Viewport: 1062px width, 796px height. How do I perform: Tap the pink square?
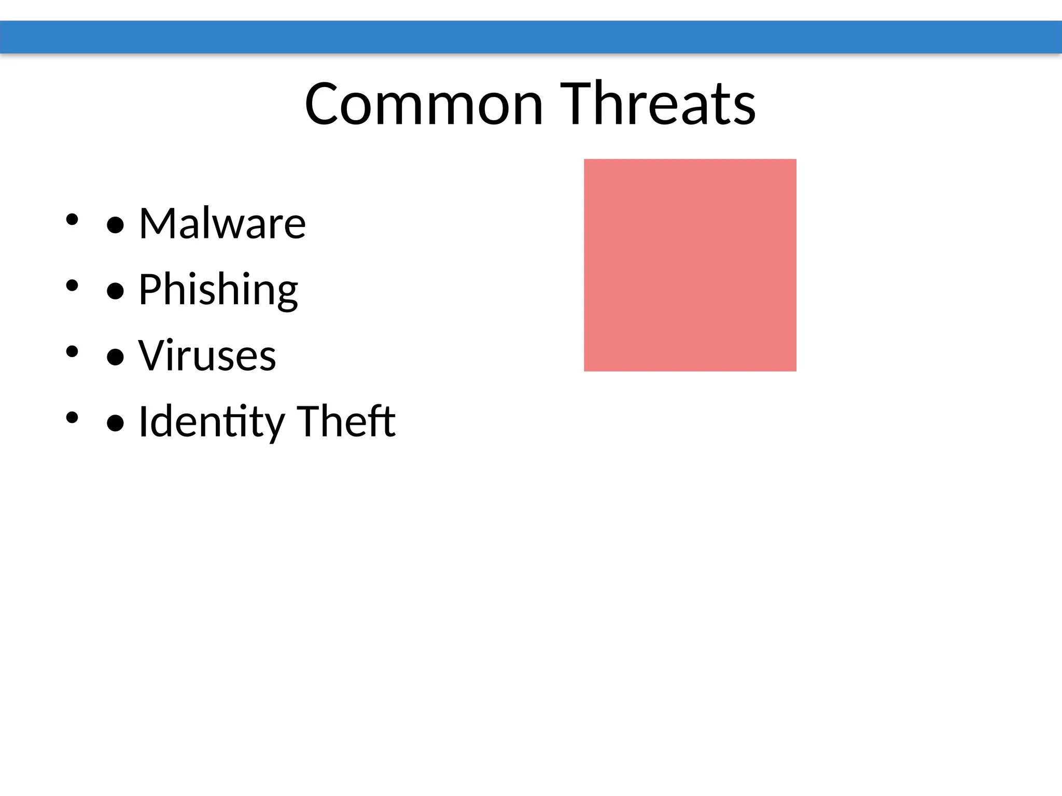pyautogui.click(x=690, y=265)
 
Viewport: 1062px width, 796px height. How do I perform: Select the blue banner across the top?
pyautogui.click(x=531, y=37)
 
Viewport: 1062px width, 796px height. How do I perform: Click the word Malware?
pyautogui.click(x=222, y=223)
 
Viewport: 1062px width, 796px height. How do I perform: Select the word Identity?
pyautogui.click(x=212, y=422)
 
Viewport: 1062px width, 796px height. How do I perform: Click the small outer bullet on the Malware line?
pyautogui.click(x=72, y=219)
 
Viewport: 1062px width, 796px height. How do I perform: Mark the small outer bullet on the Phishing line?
pyautogui.click(x=72, y=285)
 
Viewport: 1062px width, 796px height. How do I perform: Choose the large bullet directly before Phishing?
pyautogui.click(x=115, y=291)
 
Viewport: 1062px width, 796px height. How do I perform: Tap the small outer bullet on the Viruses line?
pyautogui.click(x=72, y=351)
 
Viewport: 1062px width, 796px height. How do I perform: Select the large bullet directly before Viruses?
pyautogui.click(x=115, y=358)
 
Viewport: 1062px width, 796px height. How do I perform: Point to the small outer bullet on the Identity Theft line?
pyautogui.click(x=72, y=417)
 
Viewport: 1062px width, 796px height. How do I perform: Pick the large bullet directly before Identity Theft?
pyautogui.click(x=115, y=423)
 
